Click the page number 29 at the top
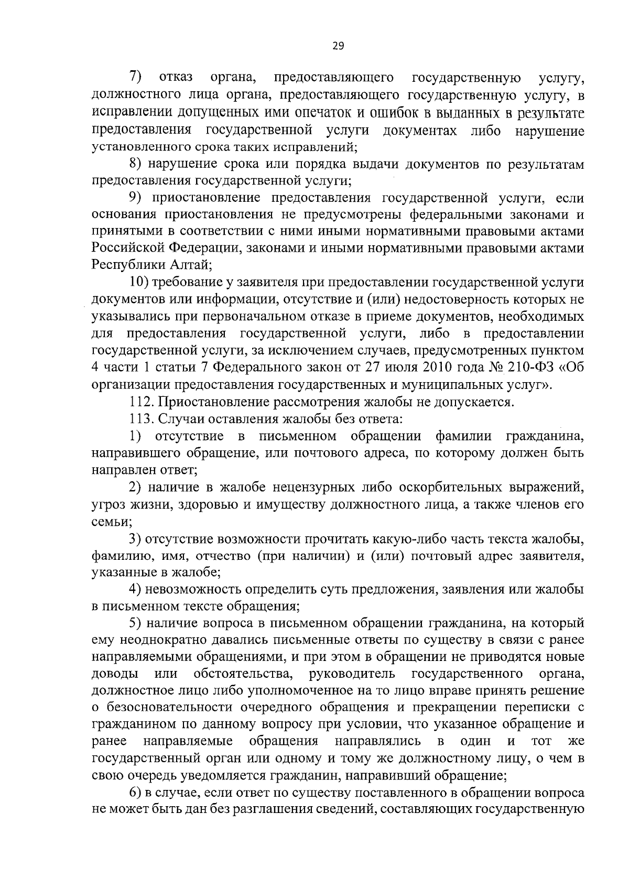point(338,46)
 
